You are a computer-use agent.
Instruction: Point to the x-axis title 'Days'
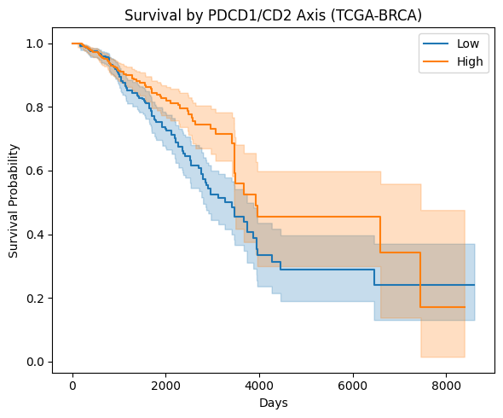click(x=273, y=402)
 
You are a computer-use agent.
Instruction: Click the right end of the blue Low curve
click(x=474, y=285)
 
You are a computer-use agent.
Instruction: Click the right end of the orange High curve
click(x=465, y=307)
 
